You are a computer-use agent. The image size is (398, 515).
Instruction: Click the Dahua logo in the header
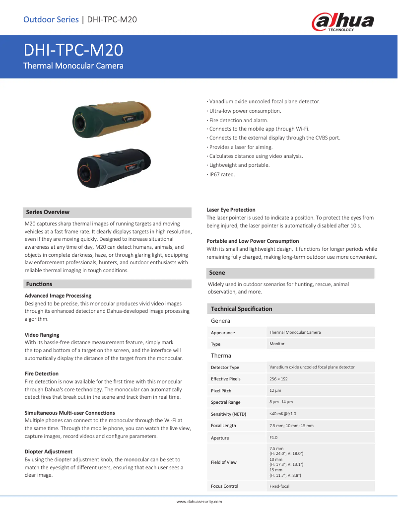pyautogui.click(x=342, y=22)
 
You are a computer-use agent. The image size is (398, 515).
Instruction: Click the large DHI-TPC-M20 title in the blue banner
pyautogui.click(x=73, y=50)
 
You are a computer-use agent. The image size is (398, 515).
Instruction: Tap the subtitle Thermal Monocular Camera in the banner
pyautogui.click(x=73, y=66)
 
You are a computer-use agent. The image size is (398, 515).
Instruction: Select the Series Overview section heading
pyautogui.click(x=48, y=212)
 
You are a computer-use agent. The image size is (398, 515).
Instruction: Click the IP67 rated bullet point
pyautogui.click(x=222, y=174)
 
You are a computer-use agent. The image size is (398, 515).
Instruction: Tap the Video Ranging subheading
pyautogui.click(x=42, y=335)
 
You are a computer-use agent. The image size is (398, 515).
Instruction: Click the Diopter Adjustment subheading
pyautogui.click(x=48, y=451)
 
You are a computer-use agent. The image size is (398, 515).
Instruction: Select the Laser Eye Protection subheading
pyautogui.click(x=231, y=210)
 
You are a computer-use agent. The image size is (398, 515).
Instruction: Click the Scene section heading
pyautogui.click(x=217, y=273)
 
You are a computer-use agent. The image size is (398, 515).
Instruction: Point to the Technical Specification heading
pyautogui.click(x=241, y=309)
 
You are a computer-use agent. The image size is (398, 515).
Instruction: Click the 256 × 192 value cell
pyautogui.click(x=278, y=379)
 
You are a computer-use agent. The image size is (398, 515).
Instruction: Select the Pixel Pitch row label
pyautogui.click(x=221, y=391)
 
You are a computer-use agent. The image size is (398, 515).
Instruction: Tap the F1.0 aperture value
pyautogui.click(x=273, y=438)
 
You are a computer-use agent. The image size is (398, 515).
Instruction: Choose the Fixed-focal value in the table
pyautogui.click(x=279, y=486)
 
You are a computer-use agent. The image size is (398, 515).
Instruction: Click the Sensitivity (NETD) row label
pyautogui.click(x=228, y=414)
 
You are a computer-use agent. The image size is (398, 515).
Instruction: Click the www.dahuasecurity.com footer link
pyautogui.click(x=199, y=502)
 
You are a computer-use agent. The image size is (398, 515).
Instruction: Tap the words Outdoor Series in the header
pyautogui.click(x=51, y=20)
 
